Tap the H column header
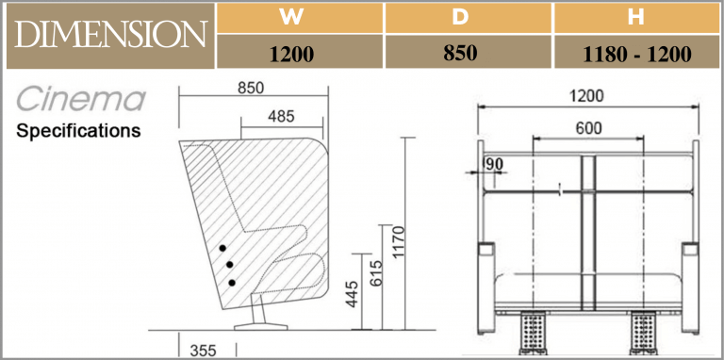click(x=637, y=17)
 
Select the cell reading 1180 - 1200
click(x=637, y=54)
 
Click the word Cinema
click(x=81, y=98)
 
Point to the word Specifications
click(x=78, y=130)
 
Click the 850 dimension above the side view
click(x=250, y=88)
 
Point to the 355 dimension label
click(x=202, y=350)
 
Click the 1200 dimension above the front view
click(x=586, y=95)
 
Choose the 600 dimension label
click(x=586, y=130)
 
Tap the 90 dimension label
click(x=493, y=164)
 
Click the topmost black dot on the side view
click(x=223, y=248)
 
